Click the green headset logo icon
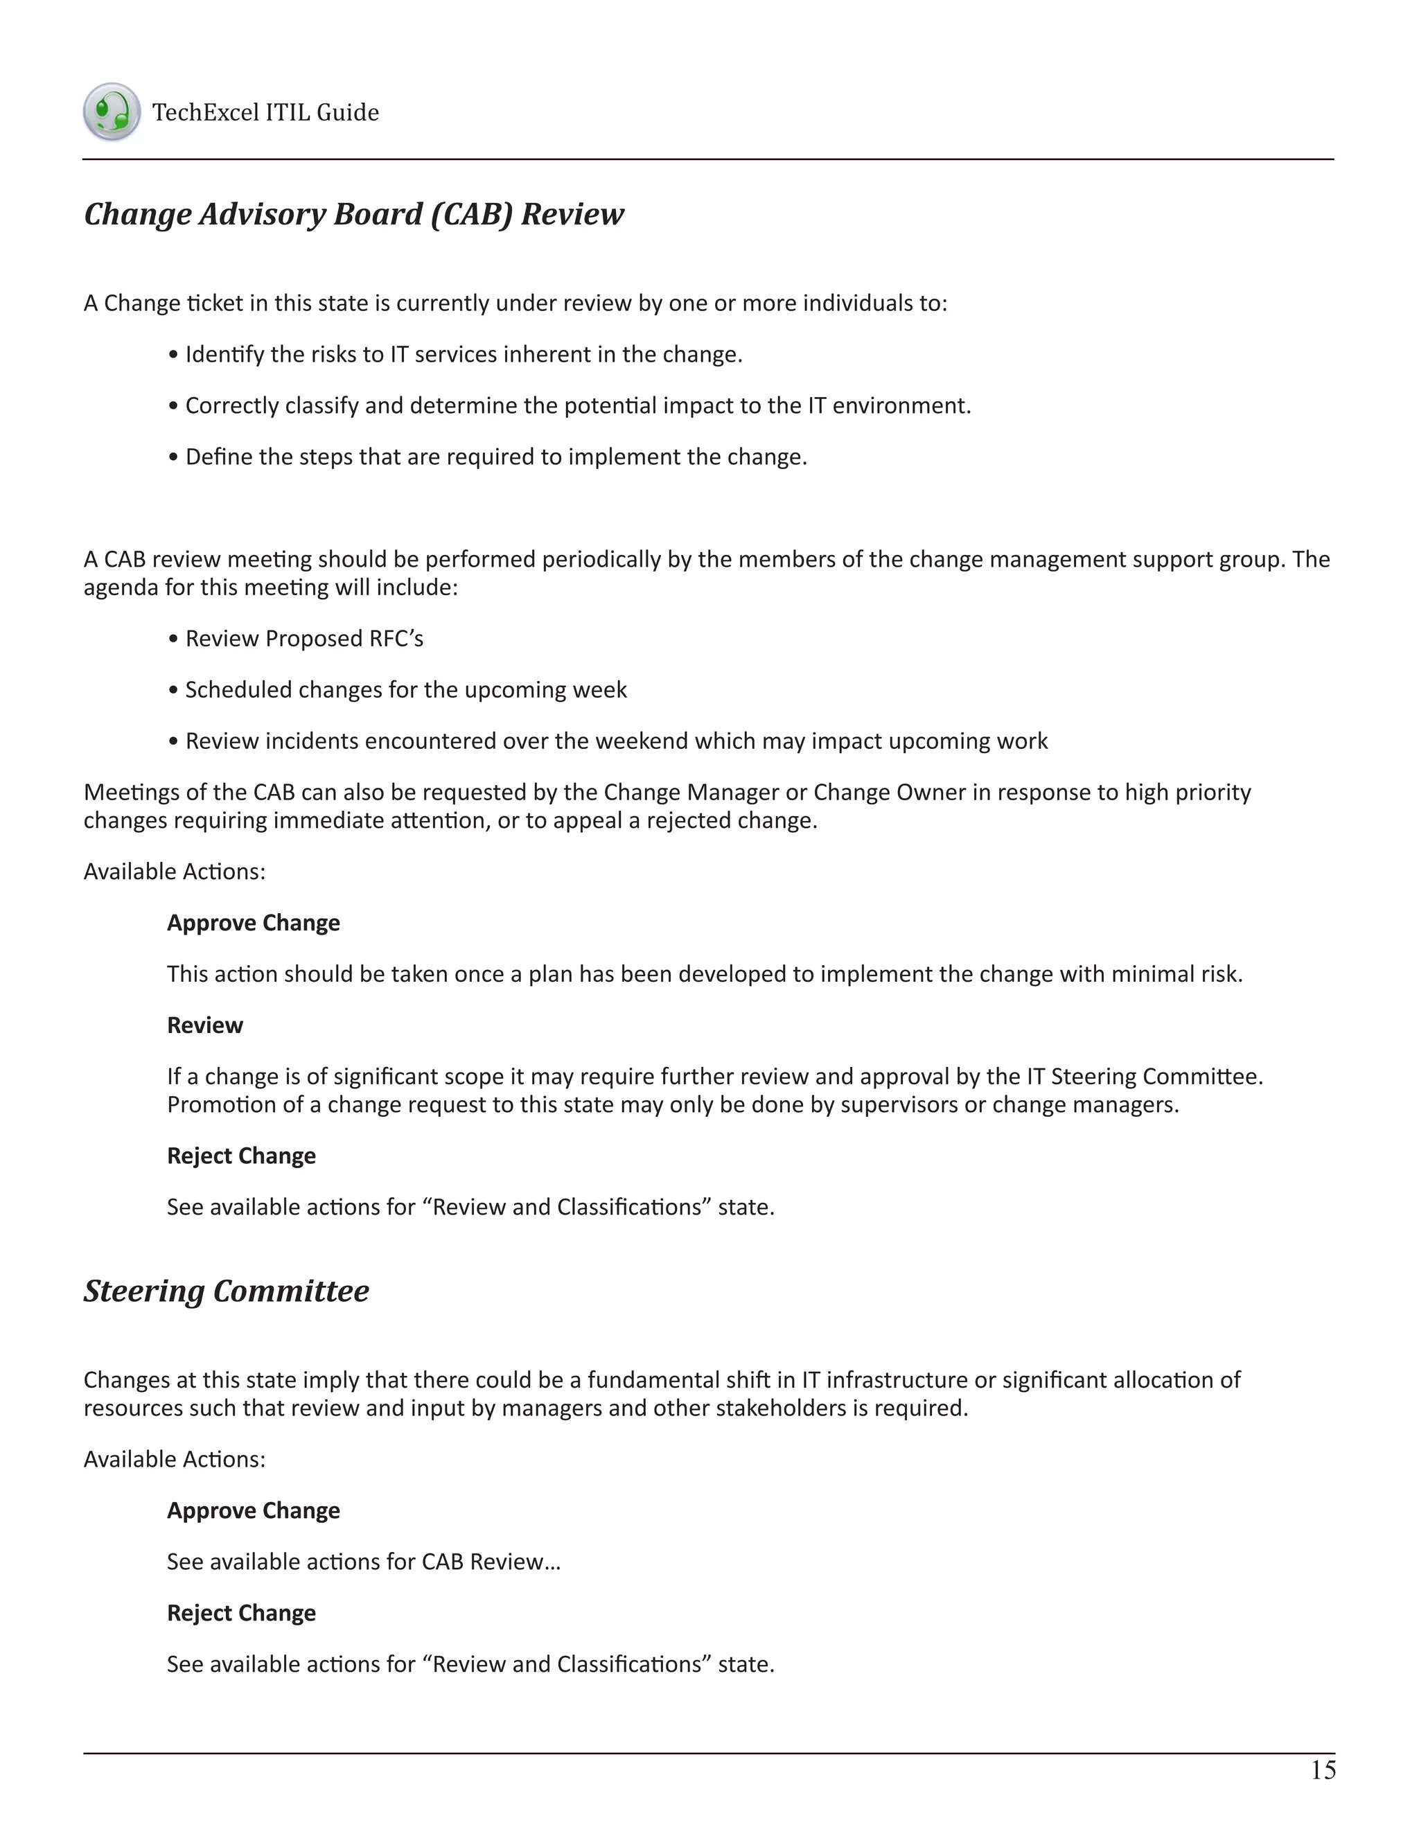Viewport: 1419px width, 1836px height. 111,112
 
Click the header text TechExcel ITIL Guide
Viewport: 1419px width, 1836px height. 265,113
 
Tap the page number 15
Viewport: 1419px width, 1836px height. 1322,1770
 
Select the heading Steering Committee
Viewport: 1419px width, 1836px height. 226,1291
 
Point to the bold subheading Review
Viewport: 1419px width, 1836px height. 204,1025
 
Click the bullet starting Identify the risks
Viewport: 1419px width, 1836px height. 462,355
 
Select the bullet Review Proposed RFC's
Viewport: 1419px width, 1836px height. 303,639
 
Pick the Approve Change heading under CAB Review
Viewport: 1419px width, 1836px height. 253,923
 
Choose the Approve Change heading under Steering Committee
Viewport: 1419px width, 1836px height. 253,1510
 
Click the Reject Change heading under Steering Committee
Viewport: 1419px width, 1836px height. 241,1613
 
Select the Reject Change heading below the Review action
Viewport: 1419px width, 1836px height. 241,1156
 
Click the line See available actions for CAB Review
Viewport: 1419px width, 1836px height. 363,1562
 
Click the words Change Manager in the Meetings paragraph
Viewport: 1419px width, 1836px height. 692,793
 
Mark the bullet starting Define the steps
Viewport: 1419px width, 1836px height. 496,457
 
